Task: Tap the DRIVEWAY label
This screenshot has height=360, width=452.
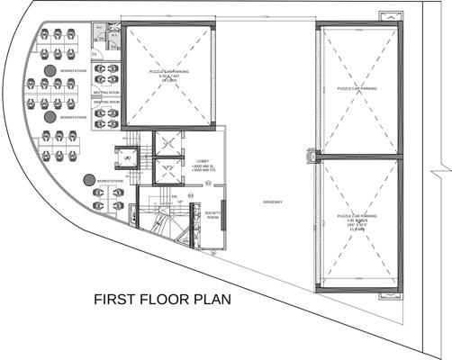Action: tap(272, 202)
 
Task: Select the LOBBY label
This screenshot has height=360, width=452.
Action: tap(202, 161)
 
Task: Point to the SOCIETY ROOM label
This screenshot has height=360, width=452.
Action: tap(212, 215)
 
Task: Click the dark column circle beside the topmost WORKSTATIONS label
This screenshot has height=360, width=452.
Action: tap(50, 69)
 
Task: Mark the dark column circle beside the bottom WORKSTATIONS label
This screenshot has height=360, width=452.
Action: tap(89, 180)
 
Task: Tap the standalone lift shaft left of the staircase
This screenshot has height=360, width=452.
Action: tap(127, 158)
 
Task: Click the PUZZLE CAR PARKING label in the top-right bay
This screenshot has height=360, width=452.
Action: tap(357, 89)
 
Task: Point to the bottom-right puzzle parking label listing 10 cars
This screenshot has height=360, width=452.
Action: tap(357, 222)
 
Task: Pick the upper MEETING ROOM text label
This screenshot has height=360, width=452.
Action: tap(107, 92)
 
